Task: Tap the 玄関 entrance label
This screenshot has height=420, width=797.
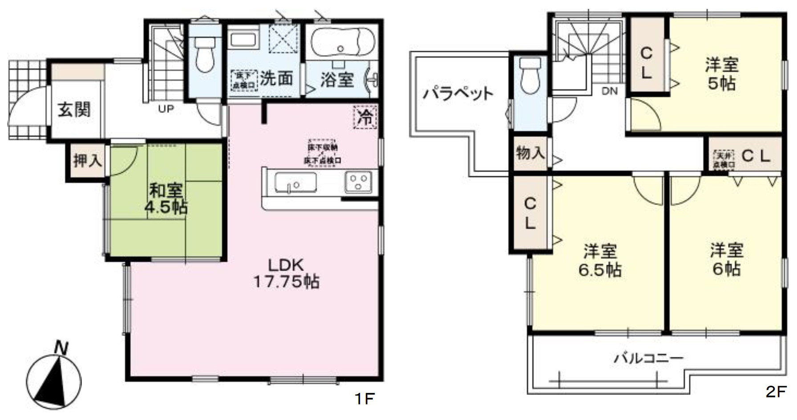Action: (74, 109)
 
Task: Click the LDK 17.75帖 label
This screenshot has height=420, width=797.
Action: (286, 273)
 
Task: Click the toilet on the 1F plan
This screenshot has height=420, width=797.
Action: (205, 53)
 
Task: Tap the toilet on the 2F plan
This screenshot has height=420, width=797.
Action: (529, 76)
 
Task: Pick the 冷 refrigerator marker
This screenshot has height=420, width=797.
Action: (365, 117)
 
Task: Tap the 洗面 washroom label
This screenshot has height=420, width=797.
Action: (276, 79)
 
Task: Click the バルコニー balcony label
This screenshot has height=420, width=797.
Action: (648, 358)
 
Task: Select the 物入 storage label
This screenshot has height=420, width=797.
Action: (530, 153)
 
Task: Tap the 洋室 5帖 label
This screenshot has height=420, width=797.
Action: (721, 74)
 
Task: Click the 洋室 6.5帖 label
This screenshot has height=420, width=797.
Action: (600, 260)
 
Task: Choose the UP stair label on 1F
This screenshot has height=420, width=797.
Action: (166, 108)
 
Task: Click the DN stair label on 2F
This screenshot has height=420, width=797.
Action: (609, 92)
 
